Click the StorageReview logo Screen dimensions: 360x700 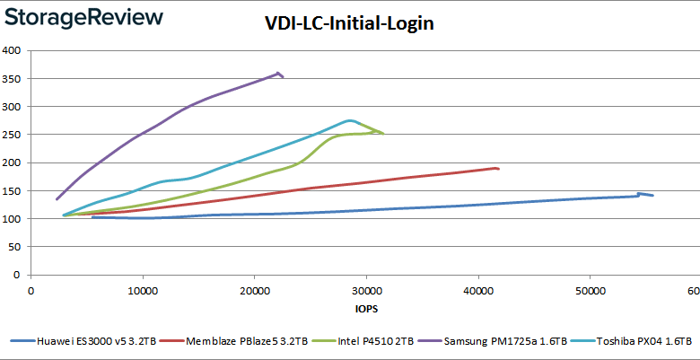coord(83,17)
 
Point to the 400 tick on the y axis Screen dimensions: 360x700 coord(12,50)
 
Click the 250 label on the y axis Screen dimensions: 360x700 coord(12,135)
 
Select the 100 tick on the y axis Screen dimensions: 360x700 coord(12,219)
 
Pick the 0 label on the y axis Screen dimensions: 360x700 coord(19,275)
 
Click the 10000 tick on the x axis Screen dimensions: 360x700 coord(143,291)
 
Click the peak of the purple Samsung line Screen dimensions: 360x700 coord(278,73)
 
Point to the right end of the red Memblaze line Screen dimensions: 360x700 coord(498,169)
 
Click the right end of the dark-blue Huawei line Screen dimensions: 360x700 coord(652,196)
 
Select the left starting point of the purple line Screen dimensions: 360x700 coord(57,199)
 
